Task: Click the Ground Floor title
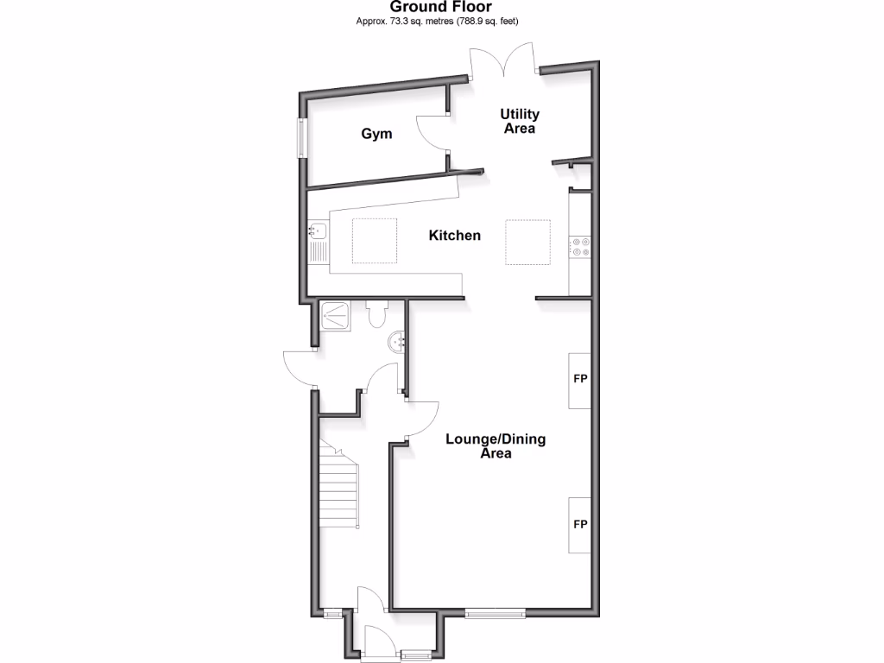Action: [x=441, y=7]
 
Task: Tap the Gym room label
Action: [x=376, y=134]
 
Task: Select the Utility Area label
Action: [x=521, y=121]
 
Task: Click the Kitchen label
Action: [x=455, y=235]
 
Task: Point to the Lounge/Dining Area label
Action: [x=496, y=445]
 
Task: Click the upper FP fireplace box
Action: [x=579, y=380]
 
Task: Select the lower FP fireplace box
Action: [x=579, y=525]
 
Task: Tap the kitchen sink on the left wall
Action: [x=318, y=231]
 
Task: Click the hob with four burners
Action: [x=580, y=248]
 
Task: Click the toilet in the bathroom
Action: [x=376, y=314]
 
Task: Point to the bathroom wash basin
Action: [x=398, y=341]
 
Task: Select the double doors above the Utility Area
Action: [x=504, y=63]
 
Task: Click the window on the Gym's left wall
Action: [x=302, y=137]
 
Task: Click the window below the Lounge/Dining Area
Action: [x=495, y=614]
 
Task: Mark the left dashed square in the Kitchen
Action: [x=374, y=241]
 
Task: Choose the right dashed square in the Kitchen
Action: [x=527, y=242]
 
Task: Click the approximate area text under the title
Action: [x=441, y=21]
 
